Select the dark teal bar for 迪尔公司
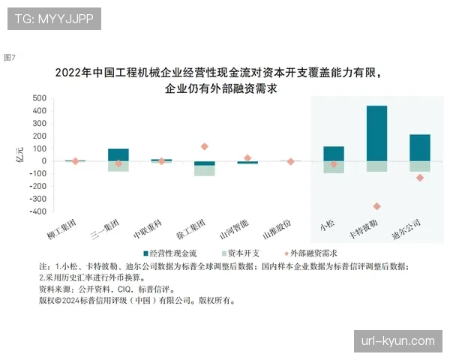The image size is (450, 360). tap(420, 147)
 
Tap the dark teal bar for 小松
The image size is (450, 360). tap(334, 153)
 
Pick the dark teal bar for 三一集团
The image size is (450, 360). tap(118, 154)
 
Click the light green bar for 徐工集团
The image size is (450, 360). tap(205, 170)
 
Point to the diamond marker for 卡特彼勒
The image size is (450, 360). tap(376, 206)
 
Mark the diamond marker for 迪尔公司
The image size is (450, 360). tap(420, 178)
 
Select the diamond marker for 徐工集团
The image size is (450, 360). tap(205, 146)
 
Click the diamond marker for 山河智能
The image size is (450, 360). tap(247, 158)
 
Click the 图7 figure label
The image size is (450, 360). tap(10, 57)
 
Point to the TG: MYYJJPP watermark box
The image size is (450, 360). tap(54, 18)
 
